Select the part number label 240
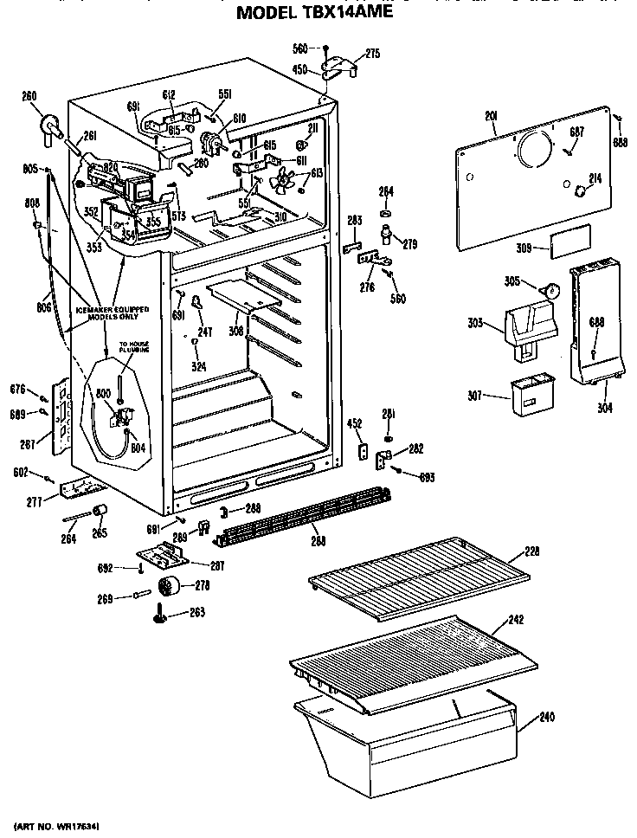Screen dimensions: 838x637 546,717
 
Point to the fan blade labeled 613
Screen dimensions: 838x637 282,183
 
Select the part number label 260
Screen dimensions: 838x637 29,96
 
